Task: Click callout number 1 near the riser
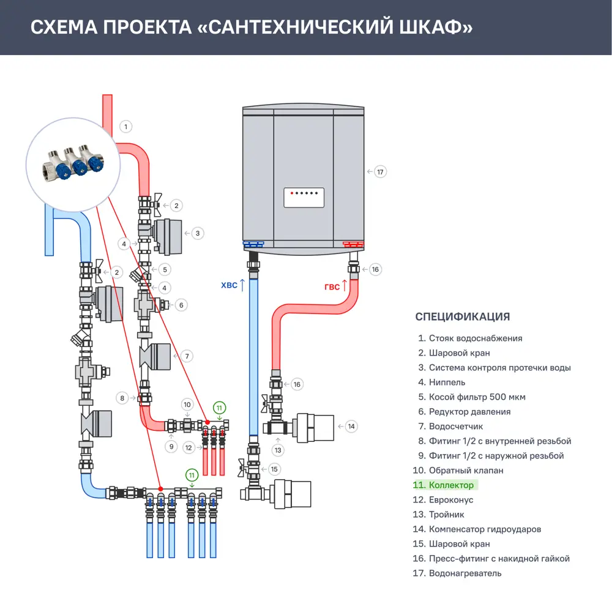click(x=125, y=127)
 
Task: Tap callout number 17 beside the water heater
click(x=380, y=172)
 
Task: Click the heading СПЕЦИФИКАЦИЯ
click(x=462, y=316)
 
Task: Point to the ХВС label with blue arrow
click(x=233, y=285)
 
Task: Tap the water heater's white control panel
click(x=304, y=198)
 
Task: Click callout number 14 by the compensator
click(x=351, y=426)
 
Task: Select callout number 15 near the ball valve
click(x=274, y=469)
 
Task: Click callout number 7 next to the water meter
click(x=187, y=356)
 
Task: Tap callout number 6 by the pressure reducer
click(x=181, y=304)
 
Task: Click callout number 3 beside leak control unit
click(x=198, y=233)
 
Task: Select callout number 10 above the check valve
click(x=188, y=405)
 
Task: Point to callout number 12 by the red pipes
click(x=188, y=448)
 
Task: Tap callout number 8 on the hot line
click(x=122, y=398)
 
